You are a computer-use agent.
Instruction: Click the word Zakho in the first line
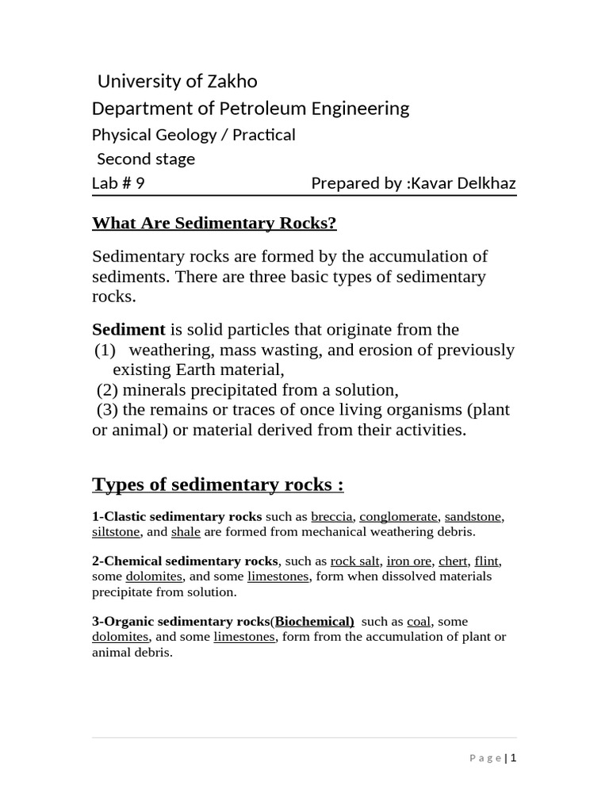click(x=233, y=82)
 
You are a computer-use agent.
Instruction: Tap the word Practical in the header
click(x=264, y=135)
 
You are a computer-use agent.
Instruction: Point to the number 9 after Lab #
click(x=140, y=183)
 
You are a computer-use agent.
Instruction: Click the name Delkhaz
click(x=485, y=183)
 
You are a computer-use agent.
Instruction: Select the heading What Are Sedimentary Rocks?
click(x=214, y=223)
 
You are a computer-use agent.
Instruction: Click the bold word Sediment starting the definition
click(x=128, y=329)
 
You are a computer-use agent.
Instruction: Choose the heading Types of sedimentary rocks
click(x=217, y=484)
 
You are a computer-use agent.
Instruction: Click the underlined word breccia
click(x=331, y=517)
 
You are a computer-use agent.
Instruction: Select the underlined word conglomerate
click(x=398, y=517)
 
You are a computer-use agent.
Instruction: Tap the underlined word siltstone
click(x=116, y=532)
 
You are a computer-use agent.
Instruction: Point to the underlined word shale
click(x=186, y=532)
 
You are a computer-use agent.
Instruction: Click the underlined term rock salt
click(x=355, y=561)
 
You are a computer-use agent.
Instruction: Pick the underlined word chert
click(x=454, y=561)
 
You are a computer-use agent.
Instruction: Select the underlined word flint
click(x=486, y=561)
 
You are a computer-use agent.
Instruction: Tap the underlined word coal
click(x=418, y=622)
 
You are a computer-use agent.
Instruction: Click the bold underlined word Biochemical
click(x=314, y=622)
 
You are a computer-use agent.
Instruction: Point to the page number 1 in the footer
click(x=513, y=758)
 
